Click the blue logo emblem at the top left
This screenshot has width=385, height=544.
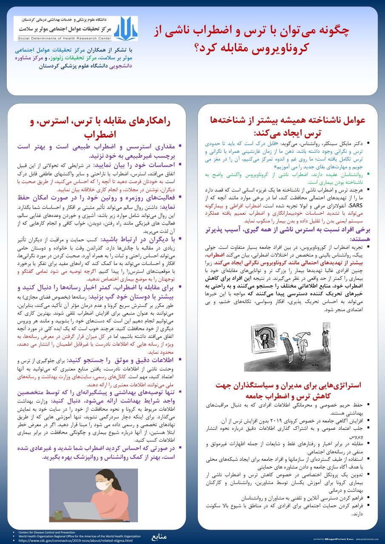125,28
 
